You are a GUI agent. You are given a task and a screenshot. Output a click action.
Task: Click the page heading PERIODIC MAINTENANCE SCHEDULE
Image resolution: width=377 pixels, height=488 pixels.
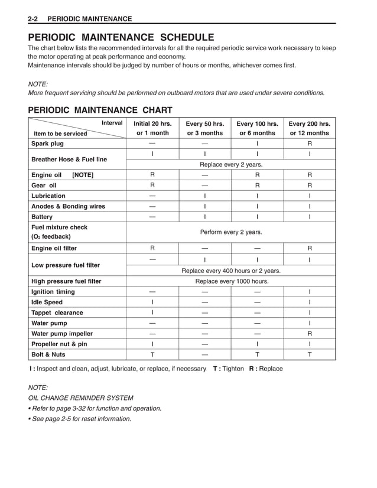121,37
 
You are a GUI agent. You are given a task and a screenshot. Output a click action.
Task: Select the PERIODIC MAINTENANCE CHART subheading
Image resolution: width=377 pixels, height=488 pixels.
100,110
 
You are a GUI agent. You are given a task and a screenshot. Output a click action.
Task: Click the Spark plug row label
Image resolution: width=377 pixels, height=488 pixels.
47,144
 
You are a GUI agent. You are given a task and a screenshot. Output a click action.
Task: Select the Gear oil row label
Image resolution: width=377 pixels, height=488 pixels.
45,186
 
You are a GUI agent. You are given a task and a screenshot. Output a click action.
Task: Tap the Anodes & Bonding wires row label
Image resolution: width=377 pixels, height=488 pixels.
68,207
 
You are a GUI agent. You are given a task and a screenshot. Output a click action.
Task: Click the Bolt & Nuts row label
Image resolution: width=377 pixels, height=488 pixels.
48,355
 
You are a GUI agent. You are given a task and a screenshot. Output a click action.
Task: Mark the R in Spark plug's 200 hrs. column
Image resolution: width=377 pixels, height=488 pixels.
309,144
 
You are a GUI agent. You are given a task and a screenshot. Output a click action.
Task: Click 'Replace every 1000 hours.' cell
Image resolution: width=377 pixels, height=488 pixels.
232,281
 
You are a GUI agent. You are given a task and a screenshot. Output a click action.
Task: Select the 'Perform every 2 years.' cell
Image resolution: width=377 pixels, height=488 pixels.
231,232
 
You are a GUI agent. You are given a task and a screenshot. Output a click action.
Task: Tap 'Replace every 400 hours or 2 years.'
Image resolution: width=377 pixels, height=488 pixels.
231,271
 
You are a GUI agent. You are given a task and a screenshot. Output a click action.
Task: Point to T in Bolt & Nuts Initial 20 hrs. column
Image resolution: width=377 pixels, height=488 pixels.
152,355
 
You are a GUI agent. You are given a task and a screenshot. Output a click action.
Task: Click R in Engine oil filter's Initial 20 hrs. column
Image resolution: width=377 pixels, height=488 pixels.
152,249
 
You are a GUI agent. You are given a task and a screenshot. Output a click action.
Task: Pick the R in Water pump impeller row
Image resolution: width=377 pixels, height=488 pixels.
309,334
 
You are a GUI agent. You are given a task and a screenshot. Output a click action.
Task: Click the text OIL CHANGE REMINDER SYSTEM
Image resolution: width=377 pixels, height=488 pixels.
81,398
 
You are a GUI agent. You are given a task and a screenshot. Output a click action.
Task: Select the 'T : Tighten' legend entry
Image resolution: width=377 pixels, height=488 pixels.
224,369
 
